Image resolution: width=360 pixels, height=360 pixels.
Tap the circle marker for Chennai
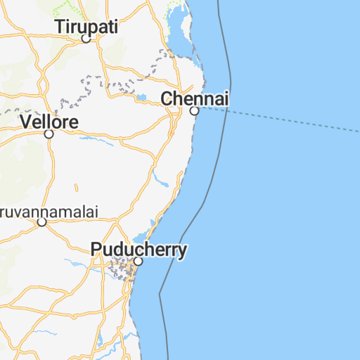195,111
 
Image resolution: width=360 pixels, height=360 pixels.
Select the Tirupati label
86,26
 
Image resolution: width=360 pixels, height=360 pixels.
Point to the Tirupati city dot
86,39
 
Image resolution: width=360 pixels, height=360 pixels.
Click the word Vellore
49,121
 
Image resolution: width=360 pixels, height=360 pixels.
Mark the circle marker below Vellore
49,134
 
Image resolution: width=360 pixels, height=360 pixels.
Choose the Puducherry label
139,250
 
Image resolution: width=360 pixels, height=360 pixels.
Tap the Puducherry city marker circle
139,262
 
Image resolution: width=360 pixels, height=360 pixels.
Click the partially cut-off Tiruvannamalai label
49,211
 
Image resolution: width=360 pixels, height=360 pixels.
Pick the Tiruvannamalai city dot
41,222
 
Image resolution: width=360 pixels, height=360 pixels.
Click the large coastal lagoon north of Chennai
184,32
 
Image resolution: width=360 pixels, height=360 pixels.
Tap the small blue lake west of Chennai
142,98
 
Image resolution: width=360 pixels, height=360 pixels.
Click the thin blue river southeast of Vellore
95,139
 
